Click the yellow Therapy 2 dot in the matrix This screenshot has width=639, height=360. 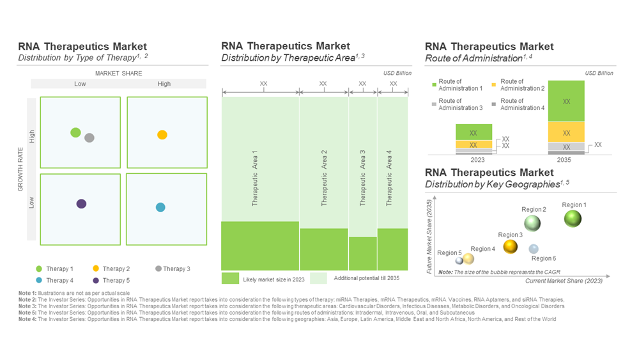162,135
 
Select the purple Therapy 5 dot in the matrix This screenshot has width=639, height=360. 81,204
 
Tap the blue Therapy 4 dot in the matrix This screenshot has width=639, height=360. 160,207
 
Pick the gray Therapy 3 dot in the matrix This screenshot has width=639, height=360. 89,137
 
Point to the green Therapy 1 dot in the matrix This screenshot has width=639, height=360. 75,132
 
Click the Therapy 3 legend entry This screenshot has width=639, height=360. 173,269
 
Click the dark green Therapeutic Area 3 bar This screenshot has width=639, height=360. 363,253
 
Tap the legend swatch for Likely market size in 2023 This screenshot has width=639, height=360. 230,279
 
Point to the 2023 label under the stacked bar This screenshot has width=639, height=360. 473,160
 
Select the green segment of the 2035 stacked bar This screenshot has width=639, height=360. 566,101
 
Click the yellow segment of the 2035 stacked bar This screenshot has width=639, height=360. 566,132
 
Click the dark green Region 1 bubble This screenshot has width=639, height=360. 573,219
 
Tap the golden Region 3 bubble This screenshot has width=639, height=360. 511,246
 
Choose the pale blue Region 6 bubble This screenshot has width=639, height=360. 534,249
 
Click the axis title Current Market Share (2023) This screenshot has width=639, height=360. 564,281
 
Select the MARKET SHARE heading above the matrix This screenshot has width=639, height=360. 119,74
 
